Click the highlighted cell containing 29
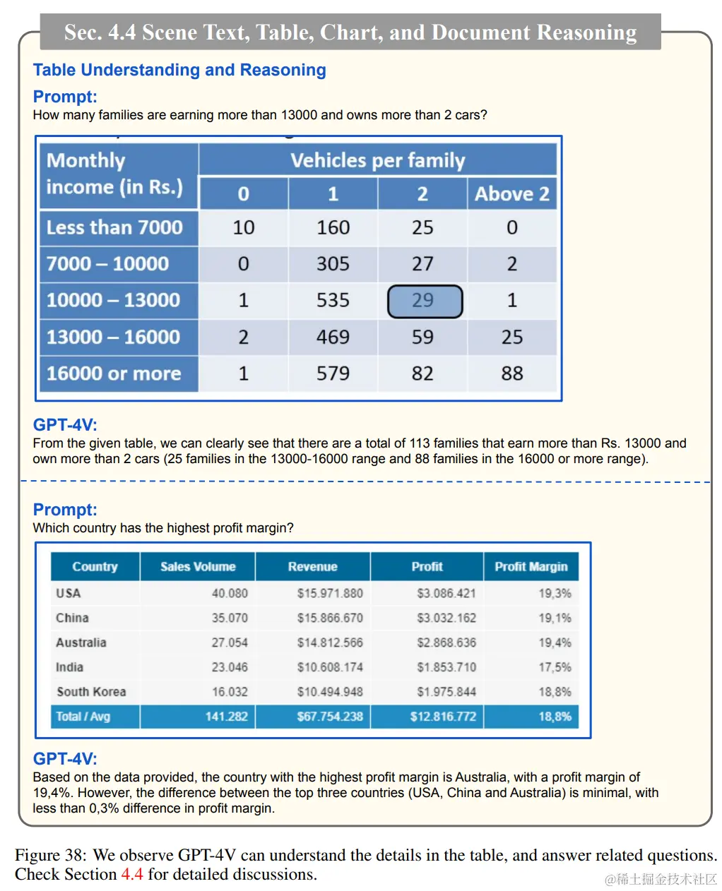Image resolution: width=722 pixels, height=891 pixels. pyautogui.click(x=424, y=301)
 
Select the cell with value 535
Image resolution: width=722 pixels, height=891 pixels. pyautogui.click(x=333, y=301)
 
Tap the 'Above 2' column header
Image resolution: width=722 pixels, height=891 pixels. pyautogui.click(x=511, y=194)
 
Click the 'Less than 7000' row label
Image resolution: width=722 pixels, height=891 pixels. pyautogui.click(x=114, y=227)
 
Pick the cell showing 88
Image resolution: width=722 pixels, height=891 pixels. pyautogui.click(x=511, y=373)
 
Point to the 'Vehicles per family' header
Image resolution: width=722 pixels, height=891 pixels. pyautogui.click(x=378, y=161)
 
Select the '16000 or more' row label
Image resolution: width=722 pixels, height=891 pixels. pyautogui.click(x=114, y=373)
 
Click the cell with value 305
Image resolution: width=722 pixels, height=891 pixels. pyautogui.click(x=333, y=264)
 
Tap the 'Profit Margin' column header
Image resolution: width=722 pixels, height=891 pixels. pyautogui.click(x=531, y=567)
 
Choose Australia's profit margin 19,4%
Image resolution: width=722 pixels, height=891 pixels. pyautogui.click(x=555, y=642)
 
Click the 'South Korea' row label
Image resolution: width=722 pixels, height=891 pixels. pyautogui.click(x=91, y=692)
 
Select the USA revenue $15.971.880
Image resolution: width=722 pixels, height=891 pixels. pyautogui.click(x=330, y=594)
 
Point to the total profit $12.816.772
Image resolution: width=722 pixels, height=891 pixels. pyautogui.click(x=443, y=717)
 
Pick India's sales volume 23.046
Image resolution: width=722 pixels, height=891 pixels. pyautogui.click(x=230, y=667)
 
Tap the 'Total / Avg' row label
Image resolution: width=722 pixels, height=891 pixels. pyautogui.click(x=83, y=717)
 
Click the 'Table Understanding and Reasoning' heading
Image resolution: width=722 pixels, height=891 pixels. pyautogui.click(x=179, y=70)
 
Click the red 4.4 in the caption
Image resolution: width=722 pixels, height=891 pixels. pyautogui.click(x=132, y=874)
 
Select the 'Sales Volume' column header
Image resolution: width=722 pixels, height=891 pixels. pyautogui.click(x=198, y=567)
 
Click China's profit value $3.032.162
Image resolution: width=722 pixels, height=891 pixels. pyautogui.click(x=446, y=618)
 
